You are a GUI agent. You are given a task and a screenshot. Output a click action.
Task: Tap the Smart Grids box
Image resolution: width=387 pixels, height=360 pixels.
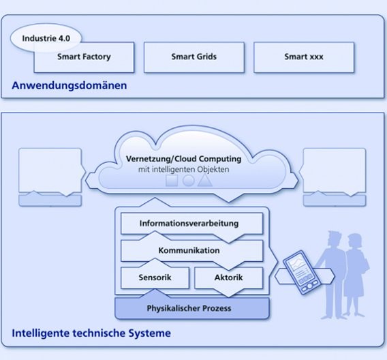193,57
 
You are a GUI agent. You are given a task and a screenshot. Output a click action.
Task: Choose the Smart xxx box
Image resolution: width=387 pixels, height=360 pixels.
304,57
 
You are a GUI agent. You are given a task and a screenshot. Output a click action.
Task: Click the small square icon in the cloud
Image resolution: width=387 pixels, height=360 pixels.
172,181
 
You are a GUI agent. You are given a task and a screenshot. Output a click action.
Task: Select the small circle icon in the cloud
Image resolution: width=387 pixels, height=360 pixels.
189,181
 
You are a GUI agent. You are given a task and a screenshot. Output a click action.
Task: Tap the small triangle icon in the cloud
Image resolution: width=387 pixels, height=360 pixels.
205,181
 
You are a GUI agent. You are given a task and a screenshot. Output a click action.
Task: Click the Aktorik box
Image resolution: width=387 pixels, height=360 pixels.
228,277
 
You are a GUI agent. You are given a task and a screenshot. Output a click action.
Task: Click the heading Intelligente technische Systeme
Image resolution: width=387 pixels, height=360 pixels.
91,333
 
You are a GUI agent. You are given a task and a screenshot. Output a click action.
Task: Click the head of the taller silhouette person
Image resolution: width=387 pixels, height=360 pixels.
332,239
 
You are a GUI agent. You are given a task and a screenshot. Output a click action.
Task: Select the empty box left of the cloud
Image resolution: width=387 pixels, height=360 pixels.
49,170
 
